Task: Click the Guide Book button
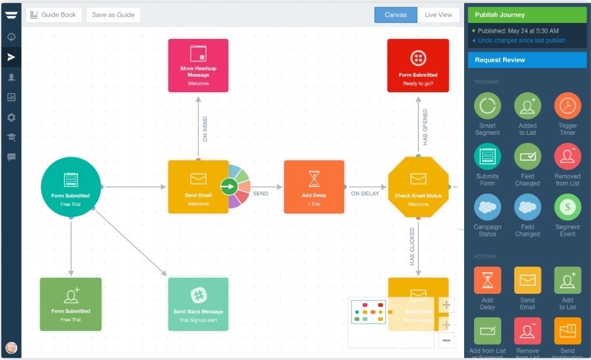tap(54, 15)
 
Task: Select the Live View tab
tap(438, 15)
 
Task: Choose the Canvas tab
tap(395, 15)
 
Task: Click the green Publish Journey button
tap(527, 15)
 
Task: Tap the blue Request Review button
tap(527, 60)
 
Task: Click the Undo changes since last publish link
tap(521, 41)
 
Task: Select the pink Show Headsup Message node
tap(198, 66)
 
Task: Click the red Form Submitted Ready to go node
tap(418, 66)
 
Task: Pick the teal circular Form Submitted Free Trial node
tap(71, 187)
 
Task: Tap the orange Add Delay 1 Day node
tap(314, 187)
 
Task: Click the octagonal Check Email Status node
tap(418, 187)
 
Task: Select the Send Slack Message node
tap(198, 304)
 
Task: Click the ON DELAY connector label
tap(365, 194)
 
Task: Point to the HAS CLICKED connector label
tap(412, 247)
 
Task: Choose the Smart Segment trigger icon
tap(488, 106)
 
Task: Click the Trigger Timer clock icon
tap(567, 106)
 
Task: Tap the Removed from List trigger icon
tap(567, 156)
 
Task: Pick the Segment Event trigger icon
tap(567, 207)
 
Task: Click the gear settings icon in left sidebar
tap(11, 118)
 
